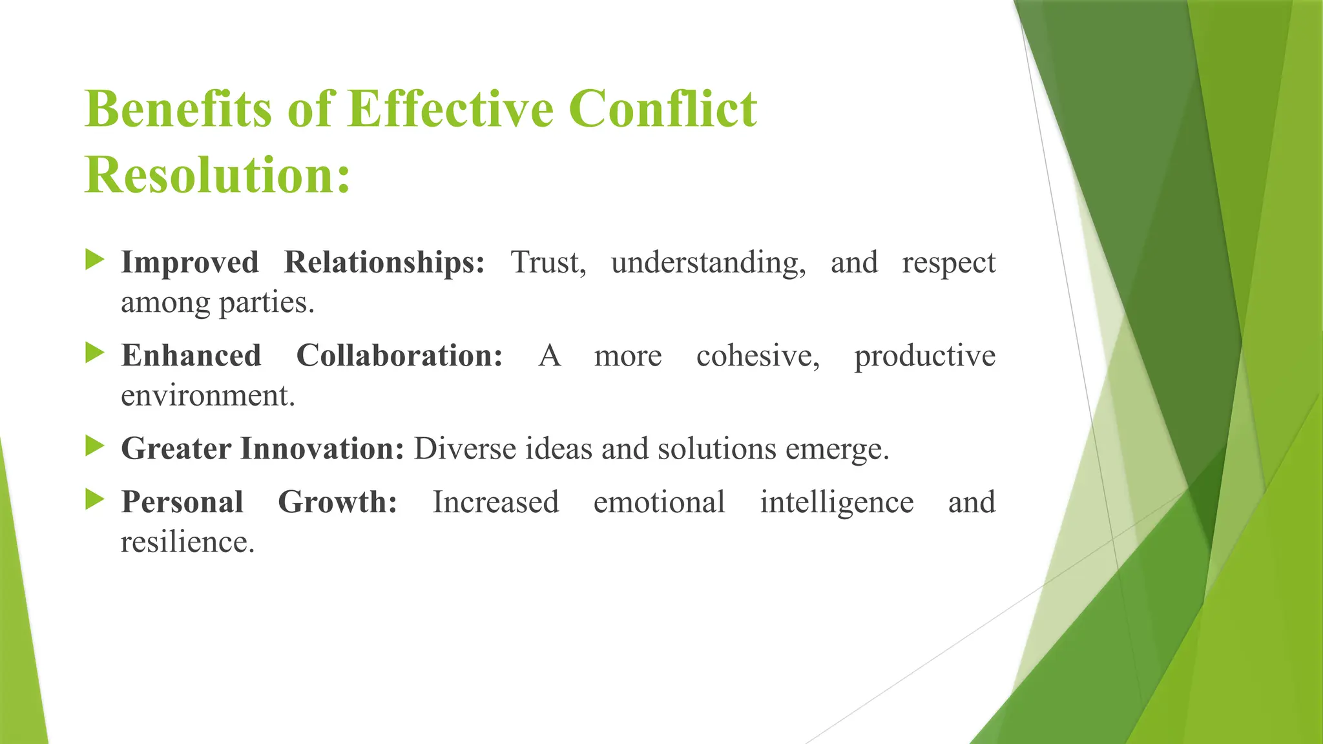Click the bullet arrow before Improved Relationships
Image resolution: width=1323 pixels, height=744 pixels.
[x=95, y=260]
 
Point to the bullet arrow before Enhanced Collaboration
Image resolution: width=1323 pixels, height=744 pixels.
[x=95, y=353]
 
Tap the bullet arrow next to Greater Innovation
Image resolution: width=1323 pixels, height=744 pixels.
[x=95, y=446]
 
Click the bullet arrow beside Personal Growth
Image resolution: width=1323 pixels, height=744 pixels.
[x=95, y=500]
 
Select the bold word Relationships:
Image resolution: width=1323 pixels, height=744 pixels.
[x=384, y=263]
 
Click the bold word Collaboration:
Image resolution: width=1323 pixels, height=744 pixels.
[x=399, y=356]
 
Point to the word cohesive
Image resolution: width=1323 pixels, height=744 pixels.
[x=758, y=356]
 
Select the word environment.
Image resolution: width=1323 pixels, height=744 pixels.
[x=207, y=396]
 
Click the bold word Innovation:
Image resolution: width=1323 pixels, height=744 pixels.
[x=322, y=449]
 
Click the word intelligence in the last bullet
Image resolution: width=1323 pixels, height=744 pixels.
[x=837, y=503]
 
